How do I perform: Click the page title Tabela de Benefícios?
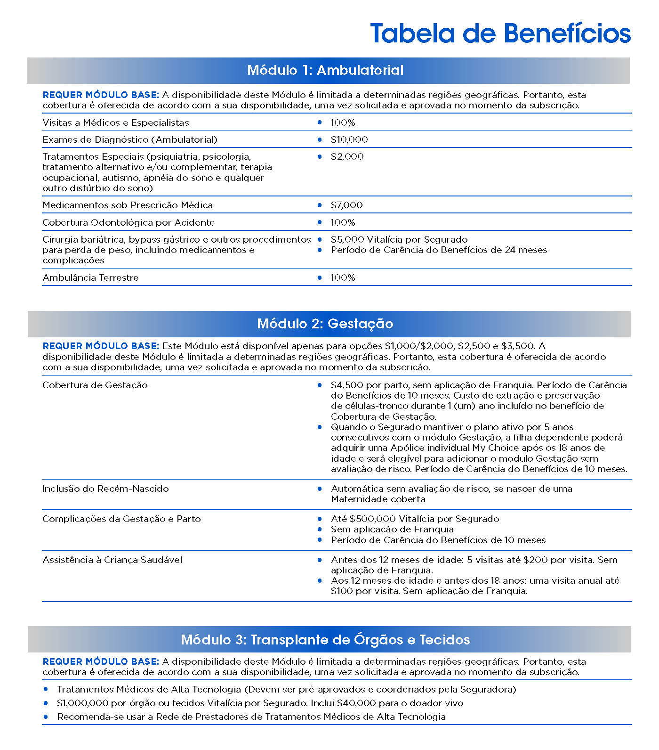tap(500, 33)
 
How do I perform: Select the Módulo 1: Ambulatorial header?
tap(325, 71)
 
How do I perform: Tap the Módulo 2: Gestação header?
tap(325, 324)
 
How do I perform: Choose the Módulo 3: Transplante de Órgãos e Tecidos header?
tap(325, 640)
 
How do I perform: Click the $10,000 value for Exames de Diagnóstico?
tap(349, 140)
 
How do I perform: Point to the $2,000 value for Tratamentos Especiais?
tap(347, 157)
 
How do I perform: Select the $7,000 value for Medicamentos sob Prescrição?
tap(346, 205)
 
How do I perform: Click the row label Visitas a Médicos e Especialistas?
tap(116, 123)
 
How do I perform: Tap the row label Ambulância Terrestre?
tap(90, 278)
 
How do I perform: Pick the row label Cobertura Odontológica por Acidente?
tap(129, 223)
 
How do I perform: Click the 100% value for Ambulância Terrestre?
tap(343, 278)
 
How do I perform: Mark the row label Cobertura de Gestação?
tap(95, 385)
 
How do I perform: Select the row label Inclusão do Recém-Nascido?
tap(105, 489)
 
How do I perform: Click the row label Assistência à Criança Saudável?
tap(112, 560)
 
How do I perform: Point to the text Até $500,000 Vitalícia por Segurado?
tap(415, 519)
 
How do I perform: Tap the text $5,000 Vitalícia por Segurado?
tap(399, 240)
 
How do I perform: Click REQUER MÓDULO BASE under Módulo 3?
tap(101, 662)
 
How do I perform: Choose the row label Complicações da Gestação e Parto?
tap(121, 519)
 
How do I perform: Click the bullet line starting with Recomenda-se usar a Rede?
tap(251, 717)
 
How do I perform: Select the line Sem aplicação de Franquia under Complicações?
tap(392, 530)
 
